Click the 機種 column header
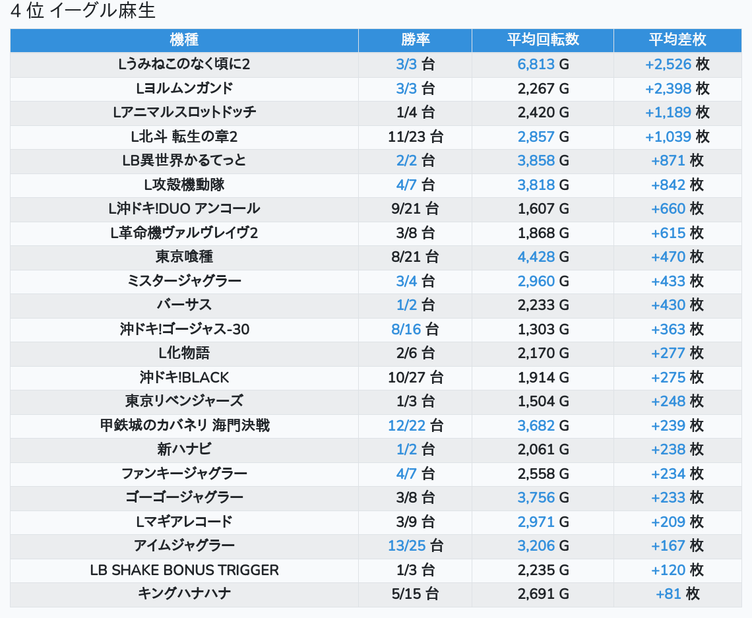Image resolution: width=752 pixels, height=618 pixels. click(184, 40)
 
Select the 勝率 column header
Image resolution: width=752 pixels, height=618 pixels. click(415, 40)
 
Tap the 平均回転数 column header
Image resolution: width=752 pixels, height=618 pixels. click(543, 40)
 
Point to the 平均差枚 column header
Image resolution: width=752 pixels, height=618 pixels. click(677, 40)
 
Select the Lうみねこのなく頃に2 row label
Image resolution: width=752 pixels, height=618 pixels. click(184, 64)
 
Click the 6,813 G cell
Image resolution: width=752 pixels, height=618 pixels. click(543, 64)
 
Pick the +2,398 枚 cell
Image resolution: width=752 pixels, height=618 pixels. click(677, 88)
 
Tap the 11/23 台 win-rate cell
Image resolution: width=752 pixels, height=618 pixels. click(415, 137)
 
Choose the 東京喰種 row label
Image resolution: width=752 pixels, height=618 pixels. click(184, 257)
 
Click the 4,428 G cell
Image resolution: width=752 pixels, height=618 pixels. click(543, 257)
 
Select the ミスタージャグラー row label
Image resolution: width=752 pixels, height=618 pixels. click(184, 281)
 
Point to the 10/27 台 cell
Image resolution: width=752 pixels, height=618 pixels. click(415, 377)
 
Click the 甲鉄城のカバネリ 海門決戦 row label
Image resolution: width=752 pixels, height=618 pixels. click(184, 425)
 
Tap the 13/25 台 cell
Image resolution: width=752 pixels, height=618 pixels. click(415, 545)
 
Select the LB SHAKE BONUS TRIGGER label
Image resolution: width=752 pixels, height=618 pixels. click(184, 570)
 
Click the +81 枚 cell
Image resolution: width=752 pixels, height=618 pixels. click(677, 594)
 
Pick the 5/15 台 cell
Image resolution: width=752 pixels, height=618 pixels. click(415, 594)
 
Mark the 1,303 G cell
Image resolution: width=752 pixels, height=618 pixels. click(543, 329)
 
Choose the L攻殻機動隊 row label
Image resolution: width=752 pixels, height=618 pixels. click(184, 185)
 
